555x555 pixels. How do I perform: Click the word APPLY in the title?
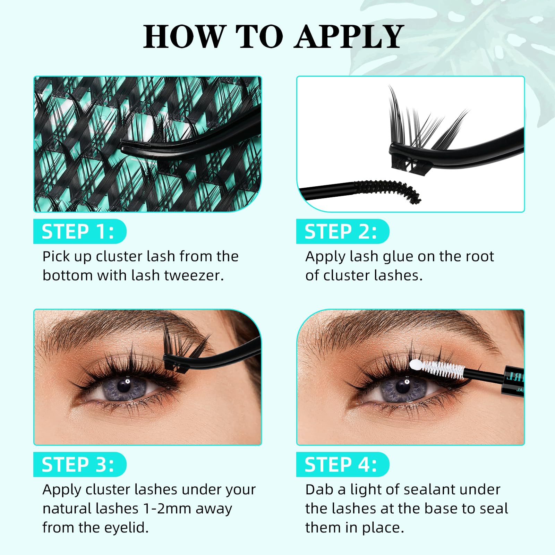pos(349,37)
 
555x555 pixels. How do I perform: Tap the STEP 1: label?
pos(78,232)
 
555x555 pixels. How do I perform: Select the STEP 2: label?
pos(341,232)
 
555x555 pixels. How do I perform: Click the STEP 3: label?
pos(78,464)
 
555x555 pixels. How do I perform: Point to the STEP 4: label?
pos(341,464)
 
